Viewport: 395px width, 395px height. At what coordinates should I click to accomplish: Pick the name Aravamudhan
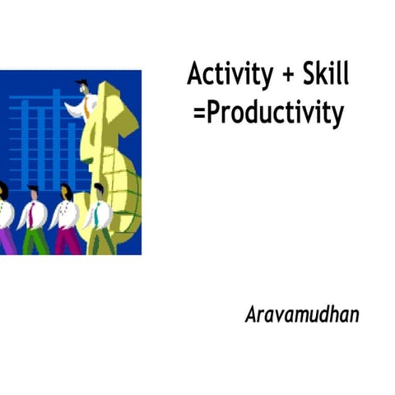(x=302, y=314)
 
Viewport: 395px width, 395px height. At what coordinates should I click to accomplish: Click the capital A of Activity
(x=196, y=75)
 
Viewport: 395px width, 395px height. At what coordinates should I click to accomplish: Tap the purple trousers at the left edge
(x=6, y=240)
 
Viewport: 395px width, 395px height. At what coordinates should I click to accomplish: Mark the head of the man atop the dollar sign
(x=83, y=86)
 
